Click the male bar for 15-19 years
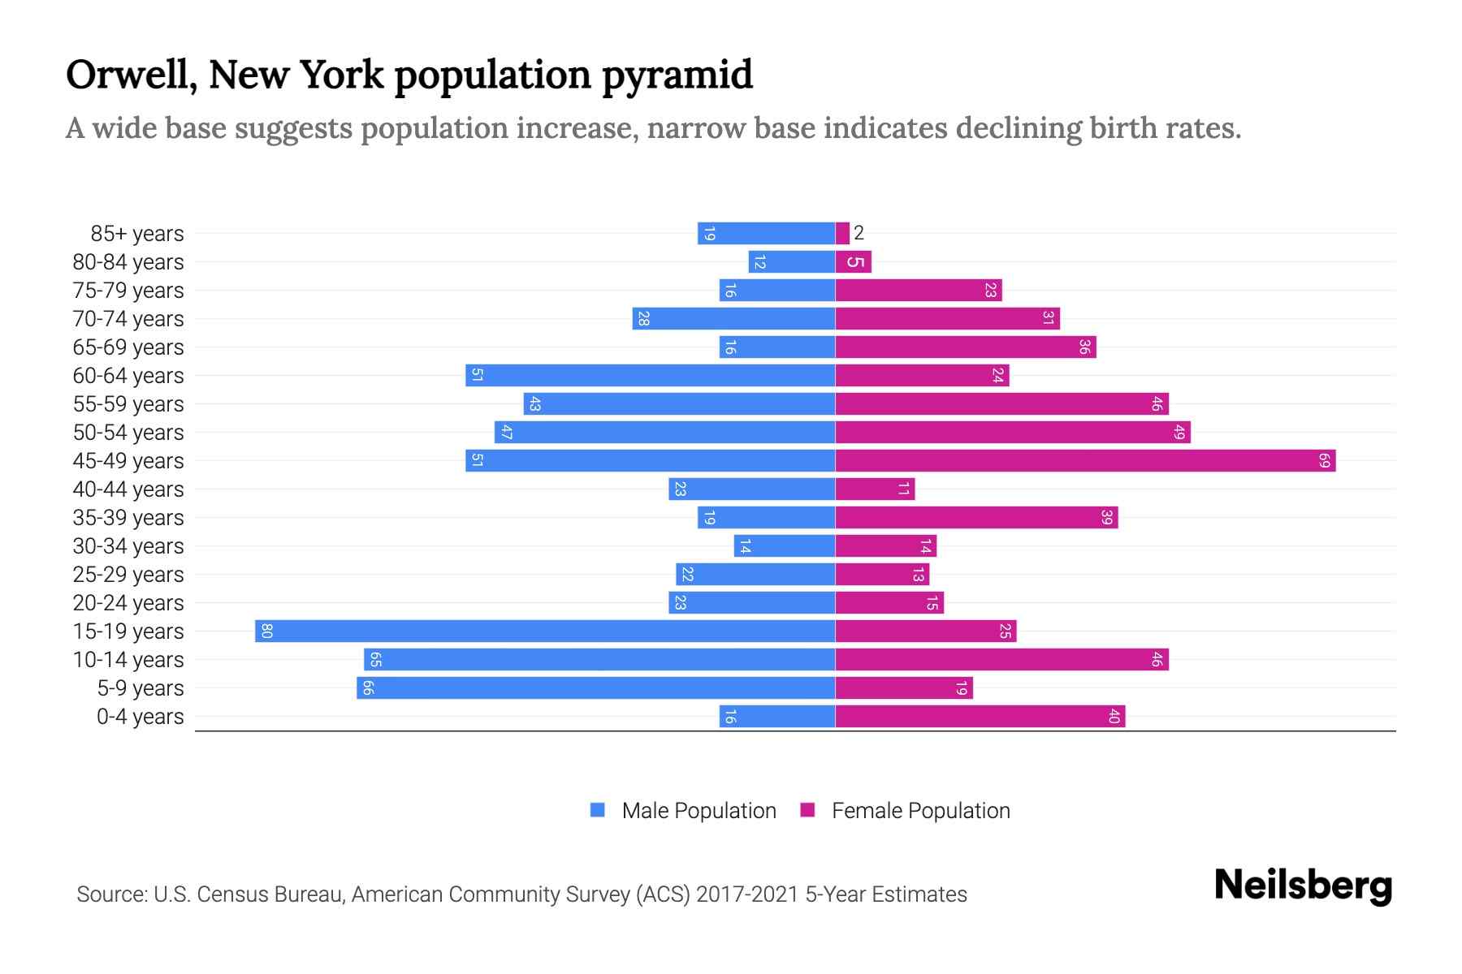pyautogui.click(x=544, y=631)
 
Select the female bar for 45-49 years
pyautogui.click(x=1084, y=460)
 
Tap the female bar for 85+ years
pyautogui.click(x=842, y=233)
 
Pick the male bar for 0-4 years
pyautogui.click(x=777, y=716)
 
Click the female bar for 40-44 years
pyautogui.click(x=875, y=489)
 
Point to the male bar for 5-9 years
pyautogui.click(x=595, y=687)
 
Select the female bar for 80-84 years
pyautogui.click(x=853, y=261)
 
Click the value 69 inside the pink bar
pyautogui.click(x=1324, y=460)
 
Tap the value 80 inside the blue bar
pyautogui.click(x=266, y=631)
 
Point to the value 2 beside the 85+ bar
pyautogui.click(x=859, y=233)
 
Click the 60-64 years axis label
pyautogui.click(x=128, y=376)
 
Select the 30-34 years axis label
pyautogui.click(x=128, y=546)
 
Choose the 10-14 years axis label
pyautogui.click(x=128, y=660)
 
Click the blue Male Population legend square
pyautogui.click(x=598, y=810)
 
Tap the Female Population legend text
pyautogui.click(x=920, y=810)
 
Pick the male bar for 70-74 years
pyautogui.click(x=733, y=318)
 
